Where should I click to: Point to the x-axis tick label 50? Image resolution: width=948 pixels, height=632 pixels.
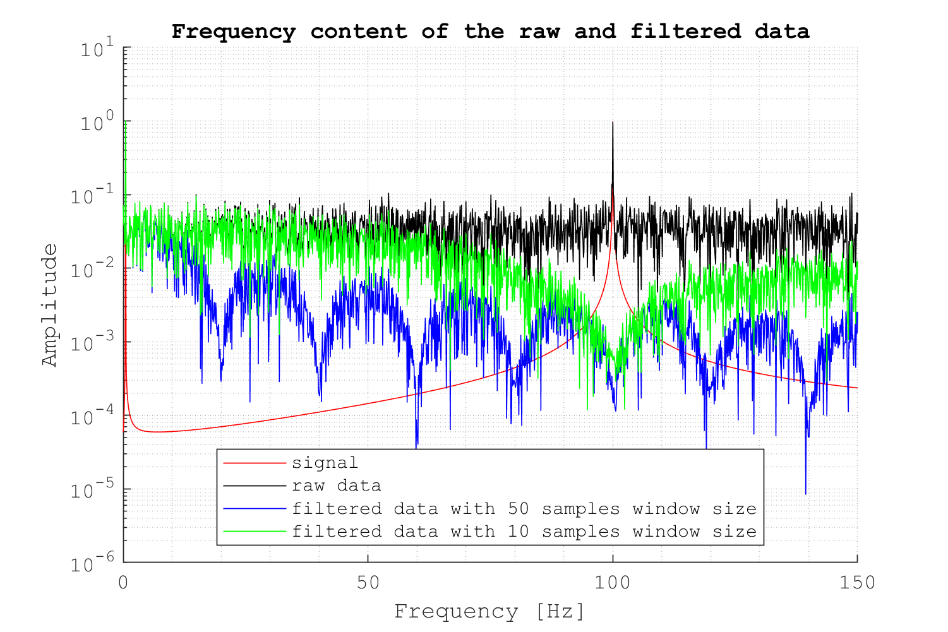coord(368,582)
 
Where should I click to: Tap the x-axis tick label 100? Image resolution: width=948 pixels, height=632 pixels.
coord(613,582)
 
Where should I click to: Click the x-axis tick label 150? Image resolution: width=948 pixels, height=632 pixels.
coord(857,582)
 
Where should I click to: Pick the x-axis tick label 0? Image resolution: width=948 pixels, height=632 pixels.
coord(123,582)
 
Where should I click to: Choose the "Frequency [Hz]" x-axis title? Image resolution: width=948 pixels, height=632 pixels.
coord(489,611)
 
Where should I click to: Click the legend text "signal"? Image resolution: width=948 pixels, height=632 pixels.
coord(325,463)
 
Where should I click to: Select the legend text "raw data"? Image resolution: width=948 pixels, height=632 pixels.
coord(336,486)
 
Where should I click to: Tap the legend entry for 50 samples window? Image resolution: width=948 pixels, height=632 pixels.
coord(524,509)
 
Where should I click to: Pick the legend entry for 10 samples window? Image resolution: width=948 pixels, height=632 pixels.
coord(524,532)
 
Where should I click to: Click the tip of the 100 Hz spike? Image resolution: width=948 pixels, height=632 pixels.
coord(613,122)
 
